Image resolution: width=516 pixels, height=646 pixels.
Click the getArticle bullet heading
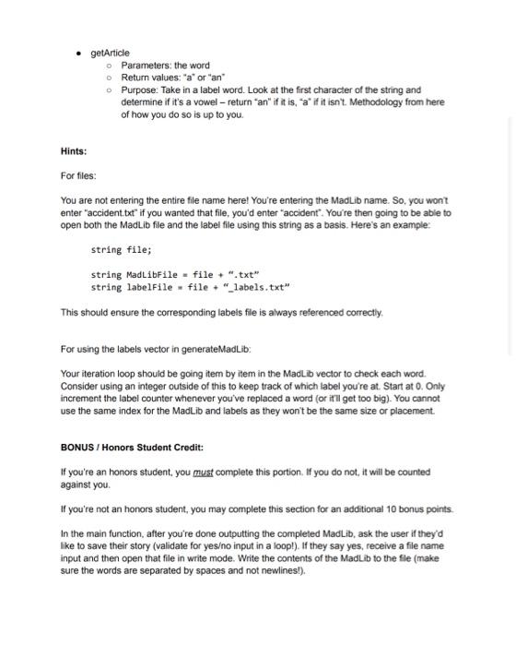[x=110, y=53]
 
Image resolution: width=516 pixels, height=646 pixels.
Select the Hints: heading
[x=73, y=150]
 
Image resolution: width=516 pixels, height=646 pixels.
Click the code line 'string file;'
[x=121, y=249]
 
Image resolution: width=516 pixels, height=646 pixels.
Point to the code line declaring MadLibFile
[x=175, y=274]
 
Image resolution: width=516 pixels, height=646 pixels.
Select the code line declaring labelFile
[x=190, y=287]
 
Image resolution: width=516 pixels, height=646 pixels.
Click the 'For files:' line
[x=78, y=175]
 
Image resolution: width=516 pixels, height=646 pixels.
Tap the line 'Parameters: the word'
[x=165, y=66]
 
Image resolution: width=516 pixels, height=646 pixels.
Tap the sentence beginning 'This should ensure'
[x=220, y=312]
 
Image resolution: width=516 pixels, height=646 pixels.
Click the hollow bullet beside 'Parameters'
[x=109, y=66]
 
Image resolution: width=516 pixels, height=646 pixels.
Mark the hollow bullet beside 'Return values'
[x=109, y=78]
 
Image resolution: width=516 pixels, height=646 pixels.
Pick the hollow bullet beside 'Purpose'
[x=109, y=90]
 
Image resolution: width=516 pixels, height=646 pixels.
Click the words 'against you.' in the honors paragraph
[x=86, y=484]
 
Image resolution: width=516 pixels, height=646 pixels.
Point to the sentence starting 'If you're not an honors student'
[x=257, y=508]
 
